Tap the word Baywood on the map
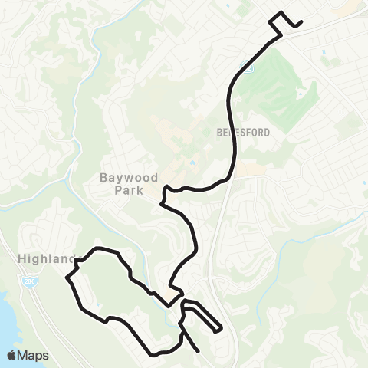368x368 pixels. pyautogui.click(x=130, y=177)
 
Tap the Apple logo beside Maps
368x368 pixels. pyautogui.click(x=12, y=355)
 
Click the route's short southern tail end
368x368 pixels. pyautogui.click(x=199, y=350)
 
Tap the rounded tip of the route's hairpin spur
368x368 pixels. pyautogui.click(x=221, y=330)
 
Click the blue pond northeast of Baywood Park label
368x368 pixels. pyautogui.click(x=189, y=163)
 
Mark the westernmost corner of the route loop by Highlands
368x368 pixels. pyautogui.click(x=69, y=279)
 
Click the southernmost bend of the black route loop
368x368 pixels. pyautogui.click(x=157, y=354)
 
